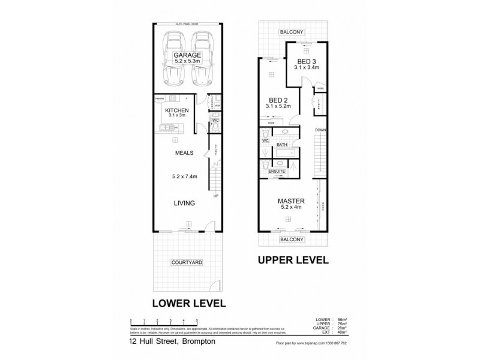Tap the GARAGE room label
pyautogui.click(x=187, y=55)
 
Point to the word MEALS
pyautogui.click(x=184, y=154)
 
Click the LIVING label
pyautogui.click(x=184, y=203)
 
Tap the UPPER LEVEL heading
pyautogui.click(x=293, y=260)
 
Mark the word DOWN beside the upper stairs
pyautogui.click(x=320, y=130)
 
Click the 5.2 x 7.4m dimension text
pyautogui.click(x=184, y=176)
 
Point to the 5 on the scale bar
pyautogui.click(x=197, y=321)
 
